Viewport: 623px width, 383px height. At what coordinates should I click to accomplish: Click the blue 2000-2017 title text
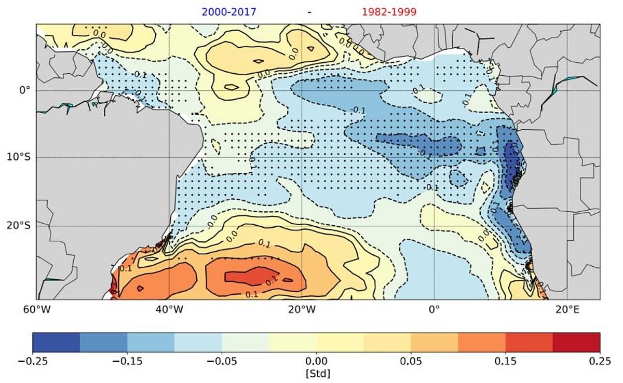[229, 11]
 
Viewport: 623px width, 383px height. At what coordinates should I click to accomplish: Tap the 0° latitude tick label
[25, 90]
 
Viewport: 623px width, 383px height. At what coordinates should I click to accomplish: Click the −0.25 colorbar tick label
[32, 362]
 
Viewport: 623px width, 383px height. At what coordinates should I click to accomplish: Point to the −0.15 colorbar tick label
[127, 362]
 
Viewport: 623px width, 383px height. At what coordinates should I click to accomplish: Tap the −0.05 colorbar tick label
[222, 362]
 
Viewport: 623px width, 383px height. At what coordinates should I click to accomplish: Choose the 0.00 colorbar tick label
[316, 362]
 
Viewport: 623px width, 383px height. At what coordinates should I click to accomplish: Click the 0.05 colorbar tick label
[411, 362]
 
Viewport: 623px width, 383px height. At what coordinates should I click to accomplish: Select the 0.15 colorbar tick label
[506, 362]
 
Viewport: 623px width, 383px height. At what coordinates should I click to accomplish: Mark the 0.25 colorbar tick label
[600, 362]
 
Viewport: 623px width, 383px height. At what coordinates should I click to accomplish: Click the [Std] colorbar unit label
[316, 373]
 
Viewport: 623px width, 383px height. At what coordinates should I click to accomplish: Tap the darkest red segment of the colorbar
[576, 343]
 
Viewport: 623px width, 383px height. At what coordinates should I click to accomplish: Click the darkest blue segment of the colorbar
[56, 343]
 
